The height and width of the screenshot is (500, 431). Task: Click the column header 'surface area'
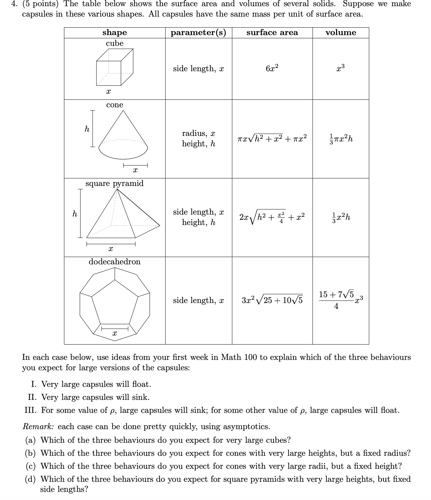coord(272,33)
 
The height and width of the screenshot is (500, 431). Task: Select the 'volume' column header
coord(341,33)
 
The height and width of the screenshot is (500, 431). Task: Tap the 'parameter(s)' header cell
coord(198,33)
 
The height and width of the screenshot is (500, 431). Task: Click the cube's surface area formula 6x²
coord(272,68)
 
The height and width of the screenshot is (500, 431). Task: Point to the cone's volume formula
coord(341,138)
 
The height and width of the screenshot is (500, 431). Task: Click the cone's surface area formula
coord(272,138)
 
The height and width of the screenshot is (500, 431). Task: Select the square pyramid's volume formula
coord(341,217)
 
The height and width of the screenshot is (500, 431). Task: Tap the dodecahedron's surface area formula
coord(272,300)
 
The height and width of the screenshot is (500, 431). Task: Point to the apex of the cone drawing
coord(123,111)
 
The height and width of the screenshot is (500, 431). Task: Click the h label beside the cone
coord(87,129)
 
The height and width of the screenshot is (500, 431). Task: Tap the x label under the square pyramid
coord(111,249)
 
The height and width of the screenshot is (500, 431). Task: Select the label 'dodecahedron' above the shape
coord(114,262)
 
